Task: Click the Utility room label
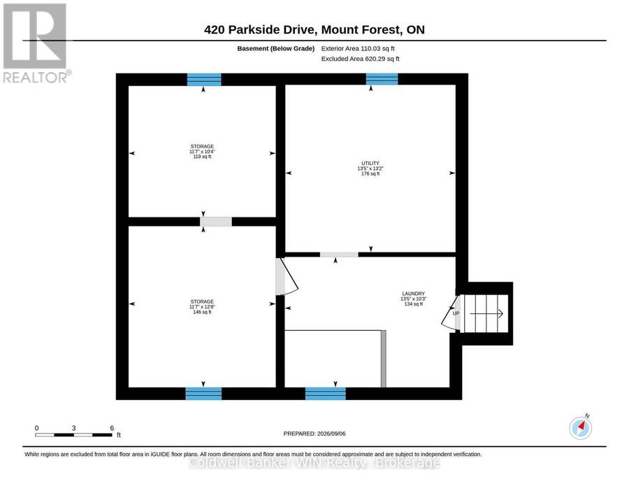(x=370, y=169)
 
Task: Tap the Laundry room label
(x=413, y=299)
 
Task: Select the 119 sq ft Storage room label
(x=202, y=152)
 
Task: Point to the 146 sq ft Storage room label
(x=202, y=306)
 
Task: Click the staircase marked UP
(x=484, y=314)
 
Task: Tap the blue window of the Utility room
(x=382, y=79)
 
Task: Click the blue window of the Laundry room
(x=325, y=394)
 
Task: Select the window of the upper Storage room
(x=204, y=80)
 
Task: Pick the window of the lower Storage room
(x=203, y=394)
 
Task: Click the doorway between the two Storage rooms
(x=216, y=222)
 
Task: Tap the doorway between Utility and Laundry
(x=339, y=255)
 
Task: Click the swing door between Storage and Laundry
(x=286, y=276)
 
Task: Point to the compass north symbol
(x=581, y=428)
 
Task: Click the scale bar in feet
(x=74, y=435)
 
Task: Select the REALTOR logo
(x=37, y=43)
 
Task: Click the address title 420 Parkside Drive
(x=314, y=29)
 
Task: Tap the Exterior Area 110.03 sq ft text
(x=358, y=48)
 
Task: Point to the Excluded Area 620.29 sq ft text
(x=360, y=59)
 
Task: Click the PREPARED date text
(x=314, y=434)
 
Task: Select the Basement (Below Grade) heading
(x=275, y=48)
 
